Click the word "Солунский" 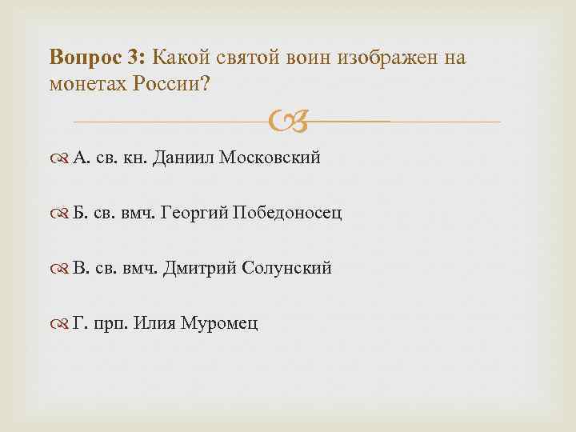coord(285,269)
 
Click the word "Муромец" coord(220,324)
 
